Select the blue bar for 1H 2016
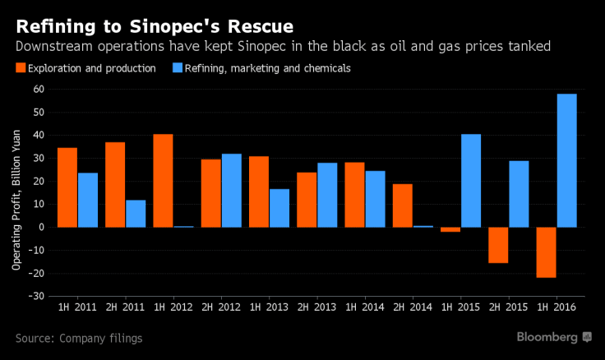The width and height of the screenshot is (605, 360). click(566, 160)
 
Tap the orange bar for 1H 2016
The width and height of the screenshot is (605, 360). click(547, 252)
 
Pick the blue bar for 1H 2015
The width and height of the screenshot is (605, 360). click(471, 180)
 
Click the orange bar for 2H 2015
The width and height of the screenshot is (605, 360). click(498, 245)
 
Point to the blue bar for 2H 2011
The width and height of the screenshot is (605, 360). click(136, 213)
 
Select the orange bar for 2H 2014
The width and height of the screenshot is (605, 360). click(403, 205)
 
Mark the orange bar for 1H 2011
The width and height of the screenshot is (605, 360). click(67, 187)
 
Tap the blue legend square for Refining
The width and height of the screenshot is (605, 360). click(178, 68)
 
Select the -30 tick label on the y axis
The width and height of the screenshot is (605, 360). click(38, 296)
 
